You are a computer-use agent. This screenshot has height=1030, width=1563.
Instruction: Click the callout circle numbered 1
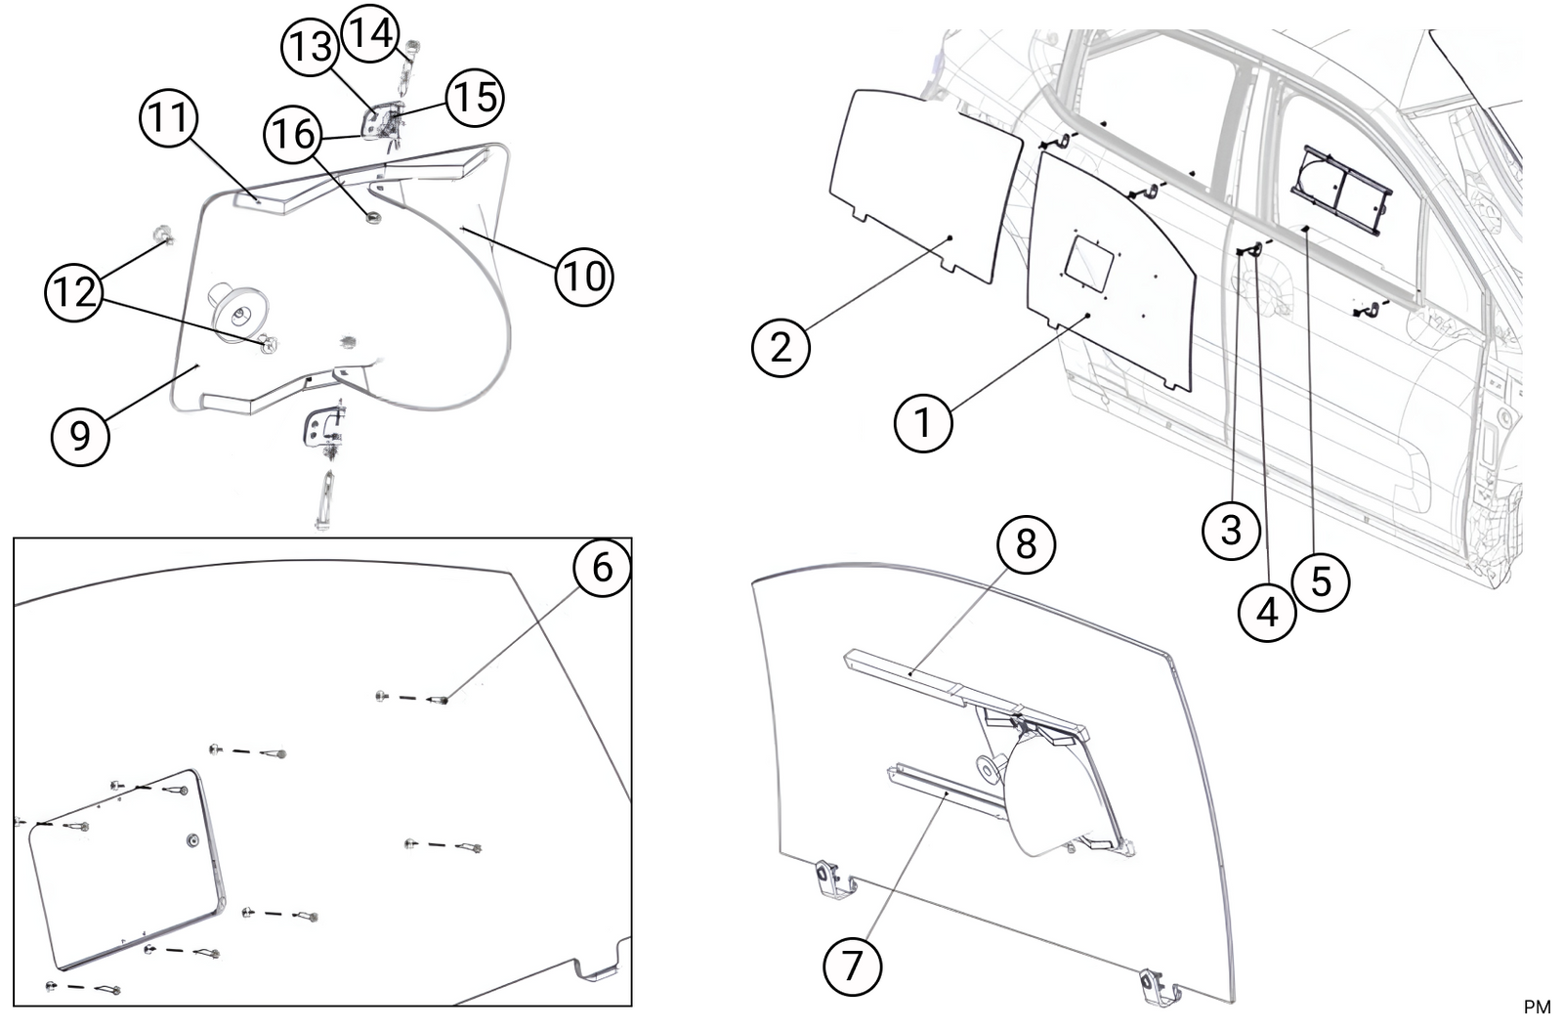click(923, 423)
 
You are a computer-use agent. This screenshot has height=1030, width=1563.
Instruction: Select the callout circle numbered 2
click(781, 347)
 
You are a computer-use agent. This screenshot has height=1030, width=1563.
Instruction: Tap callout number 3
click(1231, 530)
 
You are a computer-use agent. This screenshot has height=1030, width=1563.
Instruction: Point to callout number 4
click(1267, 613)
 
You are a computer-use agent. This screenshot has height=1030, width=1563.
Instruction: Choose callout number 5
click(1321, 581)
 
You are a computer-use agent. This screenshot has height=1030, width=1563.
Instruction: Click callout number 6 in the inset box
click(602, 566)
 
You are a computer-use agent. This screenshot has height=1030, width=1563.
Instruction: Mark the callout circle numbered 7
click(853, 966)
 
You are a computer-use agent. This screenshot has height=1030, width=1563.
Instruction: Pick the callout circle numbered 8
click(1026, 543)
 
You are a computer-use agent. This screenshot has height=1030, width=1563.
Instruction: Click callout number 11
click(169, 119)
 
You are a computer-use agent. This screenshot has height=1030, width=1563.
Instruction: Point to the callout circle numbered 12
click(74, 291)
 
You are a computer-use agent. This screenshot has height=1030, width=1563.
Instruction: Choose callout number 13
click(312, 47)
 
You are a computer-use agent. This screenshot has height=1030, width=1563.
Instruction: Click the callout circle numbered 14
click(371, 33)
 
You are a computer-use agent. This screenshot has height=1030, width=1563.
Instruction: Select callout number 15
click(475, 97)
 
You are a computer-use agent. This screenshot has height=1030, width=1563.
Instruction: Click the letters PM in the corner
click(1537, 1008)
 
